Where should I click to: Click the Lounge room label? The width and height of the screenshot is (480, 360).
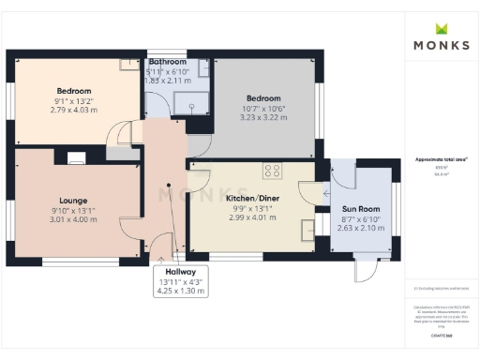(73, 201)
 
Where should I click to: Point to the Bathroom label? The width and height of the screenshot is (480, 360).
(169, 62)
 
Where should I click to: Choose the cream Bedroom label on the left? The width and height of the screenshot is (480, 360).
(72, 92)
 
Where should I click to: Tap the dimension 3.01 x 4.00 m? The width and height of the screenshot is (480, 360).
(73, 221)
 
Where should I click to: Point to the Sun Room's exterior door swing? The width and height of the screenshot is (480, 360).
(363, 273)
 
